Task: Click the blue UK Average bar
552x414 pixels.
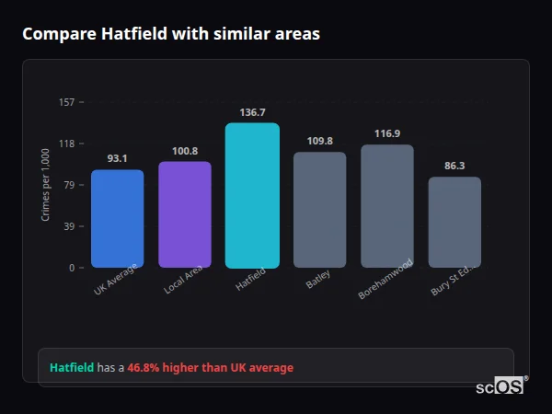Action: [x=117, y=218]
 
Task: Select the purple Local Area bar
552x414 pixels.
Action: [x=185, y=214]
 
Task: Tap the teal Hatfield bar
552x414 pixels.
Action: [x=252, y=195]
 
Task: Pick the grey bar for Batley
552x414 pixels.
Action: [x=319, y=210]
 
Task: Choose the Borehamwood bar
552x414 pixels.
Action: [x=387, y=206]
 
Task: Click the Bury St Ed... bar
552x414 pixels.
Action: [x=454, y=222]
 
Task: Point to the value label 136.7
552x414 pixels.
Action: [x=252, y=112]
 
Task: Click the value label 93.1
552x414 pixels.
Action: [x=117, y=158]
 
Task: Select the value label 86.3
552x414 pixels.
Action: [x=454, y=166]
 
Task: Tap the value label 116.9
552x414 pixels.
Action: [x=387, y=133]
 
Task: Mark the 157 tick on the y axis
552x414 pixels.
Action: [x=66, y=102]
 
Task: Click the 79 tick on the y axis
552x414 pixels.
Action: [x=69, y=185]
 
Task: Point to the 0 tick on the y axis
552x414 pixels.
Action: [x=72, y=268]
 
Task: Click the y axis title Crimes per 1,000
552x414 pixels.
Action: [x=45, y=185]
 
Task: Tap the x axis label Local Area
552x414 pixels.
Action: [x=184, y=279]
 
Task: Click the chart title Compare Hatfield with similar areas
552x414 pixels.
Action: [x=171, y=34]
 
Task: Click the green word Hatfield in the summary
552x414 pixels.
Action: [x=72, y=367]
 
